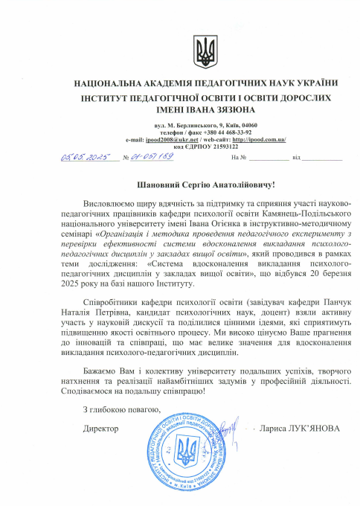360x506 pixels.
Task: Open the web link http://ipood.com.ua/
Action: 259,140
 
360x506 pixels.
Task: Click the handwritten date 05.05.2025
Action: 84,158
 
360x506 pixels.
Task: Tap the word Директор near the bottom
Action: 101,428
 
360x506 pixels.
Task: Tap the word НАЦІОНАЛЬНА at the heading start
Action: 109,83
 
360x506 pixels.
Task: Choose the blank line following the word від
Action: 321,158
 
